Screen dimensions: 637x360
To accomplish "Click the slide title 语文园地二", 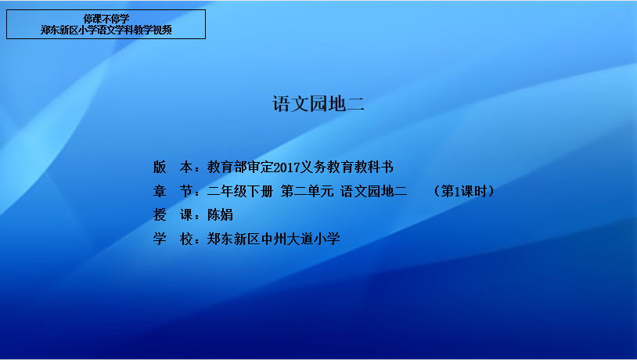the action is click(318, 104).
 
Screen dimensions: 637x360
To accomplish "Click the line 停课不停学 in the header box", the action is click(106, 19).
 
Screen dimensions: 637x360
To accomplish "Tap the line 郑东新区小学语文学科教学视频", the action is click(106, 30).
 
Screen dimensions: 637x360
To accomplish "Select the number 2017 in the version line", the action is click(287, 167).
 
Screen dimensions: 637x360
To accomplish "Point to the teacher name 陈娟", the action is click(220, 215).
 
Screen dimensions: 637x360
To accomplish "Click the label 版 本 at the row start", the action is click(173, 167).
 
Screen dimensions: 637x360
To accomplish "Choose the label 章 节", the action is click(173, 191).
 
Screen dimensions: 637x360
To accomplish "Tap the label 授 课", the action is click(173, 215).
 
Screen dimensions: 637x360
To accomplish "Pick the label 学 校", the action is click(173, 239).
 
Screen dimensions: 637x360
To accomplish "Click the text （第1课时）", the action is click(464, 191).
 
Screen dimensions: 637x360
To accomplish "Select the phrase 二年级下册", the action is click(240, 191).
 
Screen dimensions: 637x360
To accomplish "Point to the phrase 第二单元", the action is click(307, 191).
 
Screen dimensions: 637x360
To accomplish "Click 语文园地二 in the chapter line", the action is click(374, 191).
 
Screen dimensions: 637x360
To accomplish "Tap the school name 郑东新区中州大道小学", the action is click(274, 239).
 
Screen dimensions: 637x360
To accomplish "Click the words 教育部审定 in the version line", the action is click(240, 167).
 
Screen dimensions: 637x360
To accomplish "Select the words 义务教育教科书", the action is click(347, 167).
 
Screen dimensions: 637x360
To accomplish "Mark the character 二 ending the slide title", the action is click(355, 104).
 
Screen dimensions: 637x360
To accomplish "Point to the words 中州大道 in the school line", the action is click(287, 239).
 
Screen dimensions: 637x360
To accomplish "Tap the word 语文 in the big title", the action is click(290, 104).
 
